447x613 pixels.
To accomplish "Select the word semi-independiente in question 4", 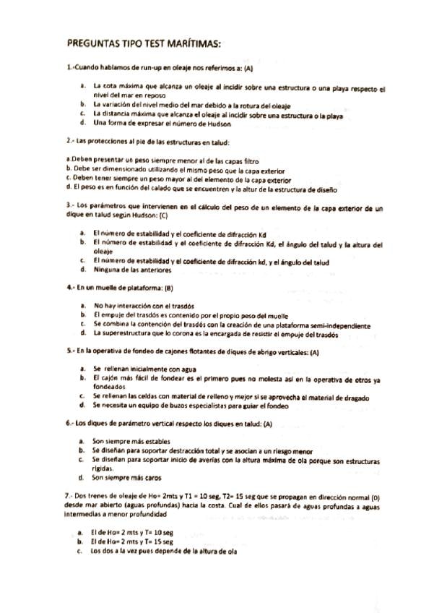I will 342,325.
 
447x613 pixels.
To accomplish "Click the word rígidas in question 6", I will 104,468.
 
